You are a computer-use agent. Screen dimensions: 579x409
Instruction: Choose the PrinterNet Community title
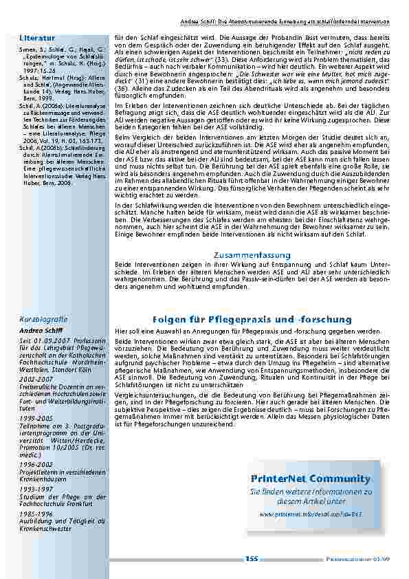311,479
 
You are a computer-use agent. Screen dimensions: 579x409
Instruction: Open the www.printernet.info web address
311,513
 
